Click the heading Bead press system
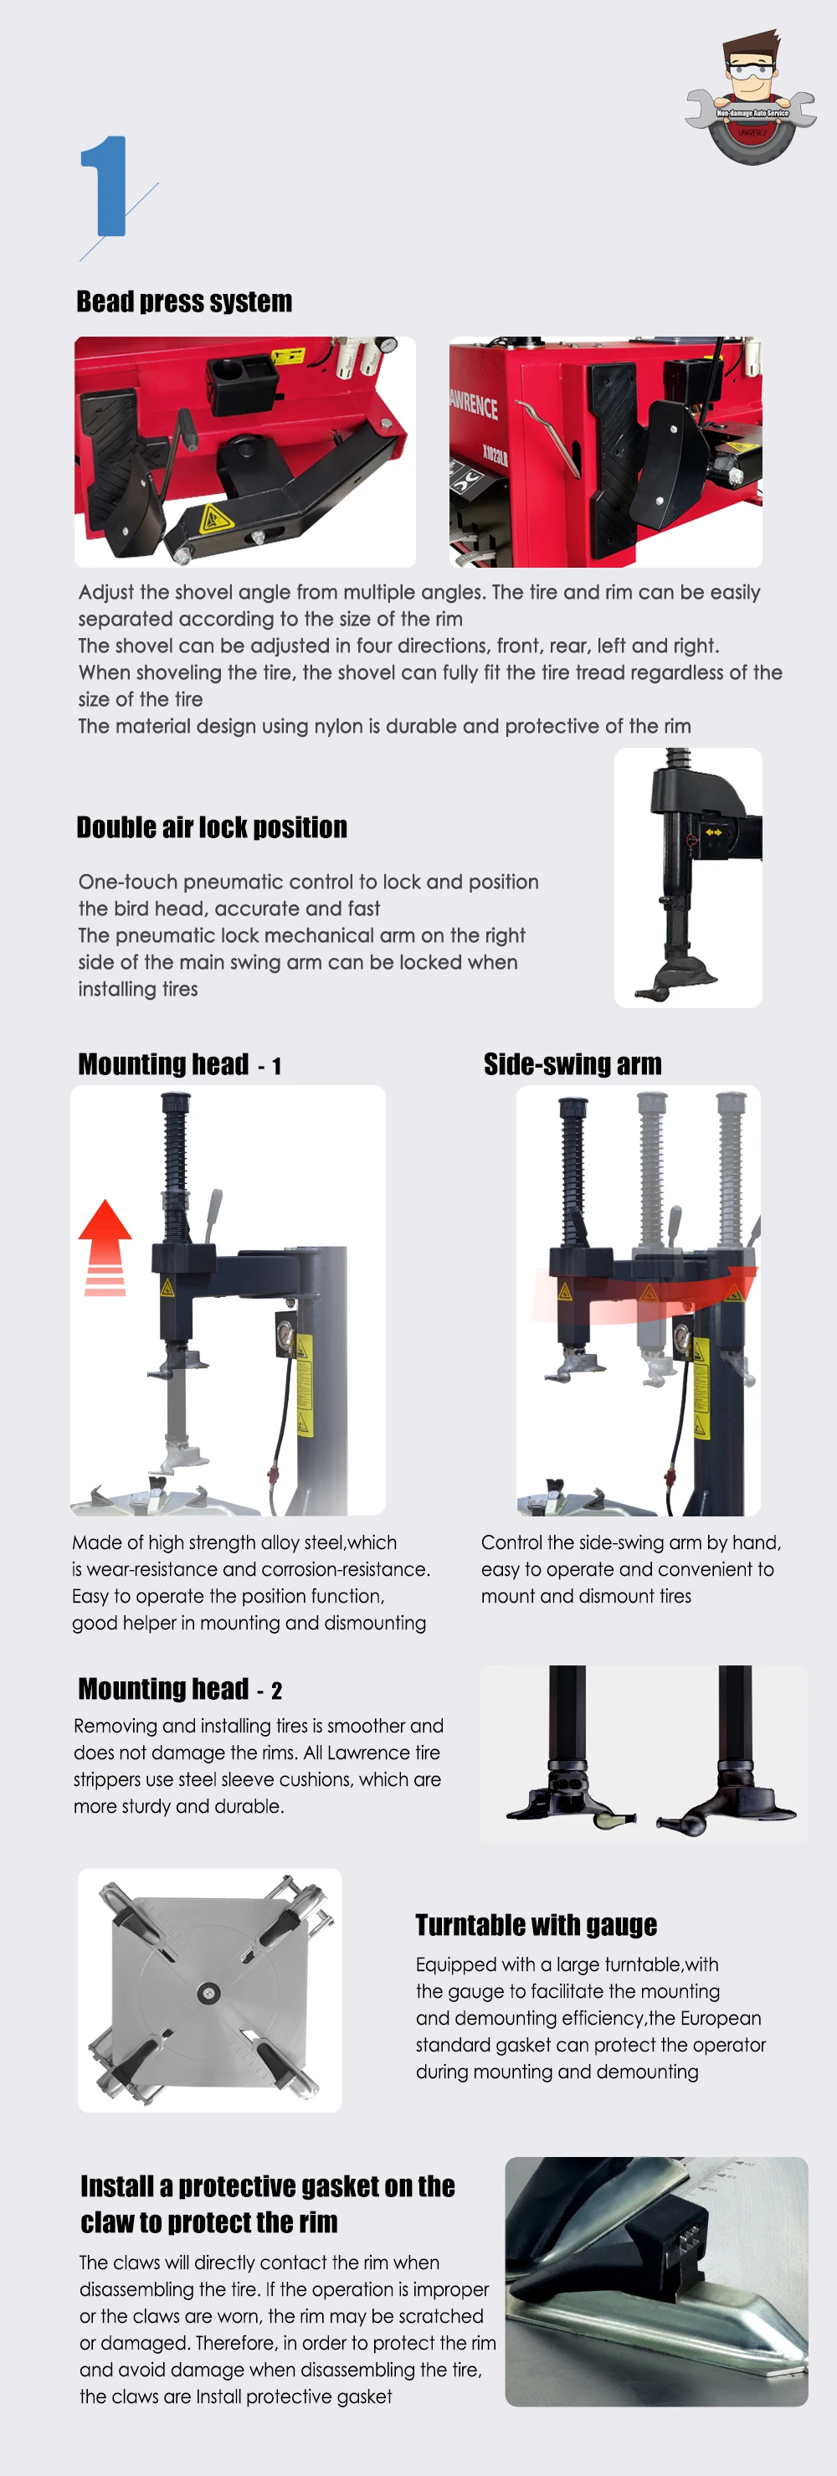click(x=183, y=301)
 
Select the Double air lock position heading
click(x=212, y=827)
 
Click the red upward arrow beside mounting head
click(x=105, y=1246)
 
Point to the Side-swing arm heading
click(x=572, y=1064)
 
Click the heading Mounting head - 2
click(x=180, y=1689)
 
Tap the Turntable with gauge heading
click(x=535, y=1924)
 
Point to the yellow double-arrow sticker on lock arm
click(x=713, y=831)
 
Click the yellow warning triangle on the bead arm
click(x=214, y=520)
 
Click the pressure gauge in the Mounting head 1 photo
click(x=285, y=1334)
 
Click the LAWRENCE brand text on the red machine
click(x=474, y=404)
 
